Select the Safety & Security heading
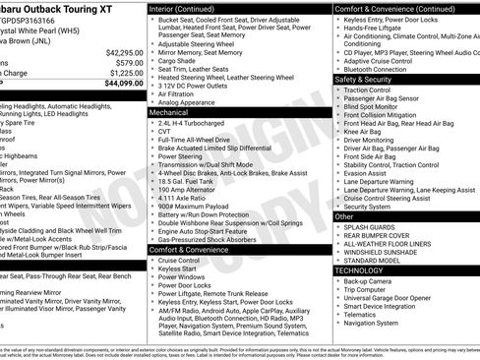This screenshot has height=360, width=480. [369, 79]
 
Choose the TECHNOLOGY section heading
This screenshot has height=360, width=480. [360, 269]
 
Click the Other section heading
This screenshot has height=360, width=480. [344, 215]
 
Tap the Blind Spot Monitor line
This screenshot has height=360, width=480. [378, 107]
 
